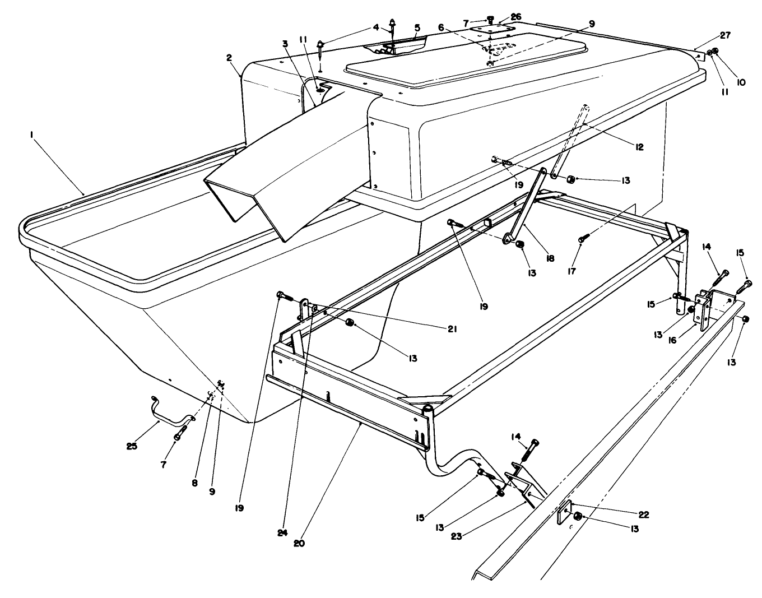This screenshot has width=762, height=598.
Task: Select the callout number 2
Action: pos(229,58)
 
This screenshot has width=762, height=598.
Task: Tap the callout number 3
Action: pos(285,43)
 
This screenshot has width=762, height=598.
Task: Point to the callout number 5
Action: pos(417,26)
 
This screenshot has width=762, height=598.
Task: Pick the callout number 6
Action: pos(441,27)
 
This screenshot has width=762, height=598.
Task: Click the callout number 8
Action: pos(194,482)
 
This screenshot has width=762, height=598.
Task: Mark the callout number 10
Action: pos(741,82)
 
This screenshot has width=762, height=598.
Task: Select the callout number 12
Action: pos(639,147)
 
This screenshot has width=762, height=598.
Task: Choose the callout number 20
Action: pos(299,543)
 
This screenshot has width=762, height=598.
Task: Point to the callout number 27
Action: pos(725,35)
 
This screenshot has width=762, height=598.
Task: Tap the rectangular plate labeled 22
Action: pos(563,514)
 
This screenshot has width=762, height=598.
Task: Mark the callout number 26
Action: pos(515,17)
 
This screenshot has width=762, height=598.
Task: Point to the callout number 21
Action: pos(452,330)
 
